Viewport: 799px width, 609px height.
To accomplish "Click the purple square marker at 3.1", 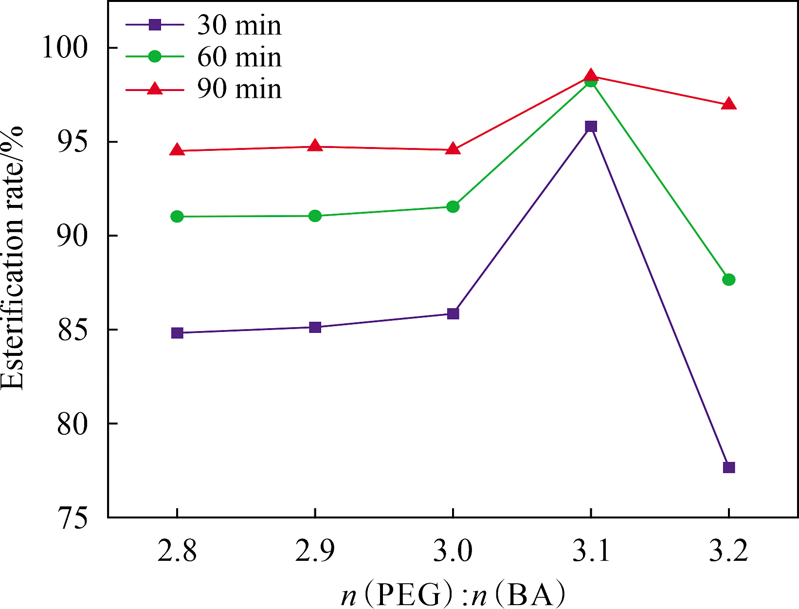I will point(591,127).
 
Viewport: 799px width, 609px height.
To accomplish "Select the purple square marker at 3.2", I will point(728,467).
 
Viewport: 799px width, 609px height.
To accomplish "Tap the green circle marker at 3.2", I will point(728,279).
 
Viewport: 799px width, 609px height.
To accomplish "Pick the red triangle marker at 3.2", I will point(728,104).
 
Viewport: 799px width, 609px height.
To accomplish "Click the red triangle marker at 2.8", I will point(177,150).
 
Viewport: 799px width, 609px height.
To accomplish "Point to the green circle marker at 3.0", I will point(453,207).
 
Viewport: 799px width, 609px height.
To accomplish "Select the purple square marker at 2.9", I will point(315,327).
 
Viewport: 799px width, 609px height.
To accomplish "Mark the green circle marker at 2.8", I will point(177,216).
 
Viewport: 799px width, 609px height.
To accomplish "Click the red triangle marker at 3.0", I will point(453,149).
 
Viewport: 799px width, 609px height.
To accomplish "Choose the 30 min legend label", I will point(239,25).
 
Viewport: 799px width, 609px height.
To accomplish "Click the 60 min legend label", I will point(239,57).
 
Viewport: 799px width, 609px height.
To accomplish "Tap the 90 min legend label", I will point(239,89).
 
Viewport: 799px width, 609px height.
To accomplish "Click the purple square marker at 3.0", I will point(453,314).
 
